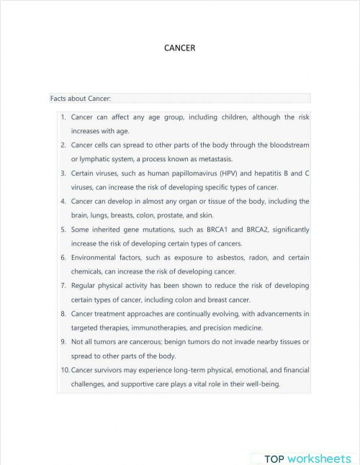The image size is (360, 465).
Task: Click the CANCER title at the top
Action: pos(180,48)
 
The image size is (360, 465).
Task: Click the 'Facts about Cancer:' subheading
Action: pos(80,98)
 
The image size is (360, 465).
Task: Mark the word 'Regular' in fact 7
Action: pos(85,286)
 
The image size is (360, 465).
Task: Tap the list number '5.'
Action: pos(63,230)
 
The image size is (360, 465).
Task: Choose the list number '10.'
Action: pos(64,370)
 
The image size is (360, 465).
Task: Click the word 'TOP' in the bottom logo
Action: pos(275,459)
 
